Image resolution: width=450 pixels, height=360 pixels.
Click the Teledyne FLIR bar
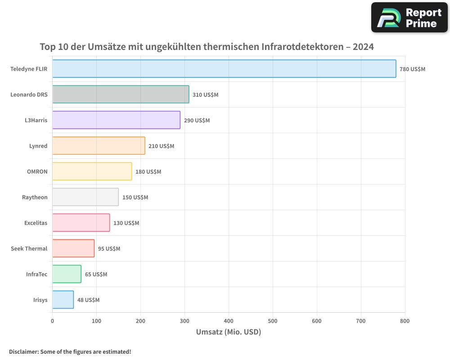pyautogui.click(x=224, y=69)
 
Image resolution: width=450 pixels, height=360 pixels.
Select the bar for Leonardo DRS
pyautogui.click(x=121, y=94)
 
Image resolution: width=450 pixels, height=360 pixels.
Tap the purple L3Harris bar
pyautogui.click(x=116, y=120)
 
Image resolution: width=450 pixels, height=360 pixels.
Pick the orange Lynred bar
pyautogui.click(x=99, y=146)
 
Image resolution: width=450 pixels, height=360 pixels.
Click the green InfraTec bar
pyautogui.click(x=67, y=274)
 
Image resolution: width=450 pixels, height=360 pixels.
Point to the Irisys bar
pyautogui.click(x=63, y=300)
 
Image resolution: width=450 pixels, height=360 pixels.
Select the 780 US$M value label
pyautogui.click(x=412, y=69)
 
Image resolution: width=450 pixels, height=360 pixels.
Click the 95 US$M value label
pyautogui.click(x=109, y=249)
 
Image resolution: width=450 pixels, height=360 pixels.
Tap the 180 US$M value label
pyautogui.click(x=148, y=172)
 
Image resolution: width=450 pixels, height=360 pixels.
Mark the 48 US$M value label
pyautogui.click(x=88, y=300)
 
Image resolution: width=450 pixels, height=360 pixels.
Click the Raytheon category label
pyautogui.click(x=35, y=198)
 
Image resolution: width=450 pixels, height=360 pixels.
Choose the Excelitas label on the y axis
pyautogui.click(x=36, y=223)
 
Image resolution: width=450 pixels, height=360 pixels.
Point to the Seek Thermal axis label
pyautogui.click(x=29, y=249)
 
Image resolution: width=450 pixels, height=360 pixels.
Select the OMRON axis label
pyautogui.click(x=37, y=172)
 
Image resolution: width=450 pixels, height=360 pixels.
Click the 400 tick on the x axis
pyautogui.click(x=229, y=321)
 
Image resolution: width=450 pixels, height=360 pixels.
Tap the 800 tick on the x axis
pyautogui.click(x=405, y=321)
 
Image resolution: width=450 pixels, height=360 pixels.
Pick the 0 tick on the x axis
pyautogui.click(x=53, y=321)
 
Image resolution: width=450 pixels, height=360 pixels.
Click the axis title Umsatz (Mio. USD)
pyautogui.click(x=229, y=332)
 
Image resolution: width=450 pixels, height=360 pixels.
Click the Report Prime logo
pyautogui.click(x=409, y=18)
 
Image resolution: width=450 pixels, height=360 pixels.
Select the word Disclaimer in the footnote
pyautogui.click(x=23, y=352)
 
